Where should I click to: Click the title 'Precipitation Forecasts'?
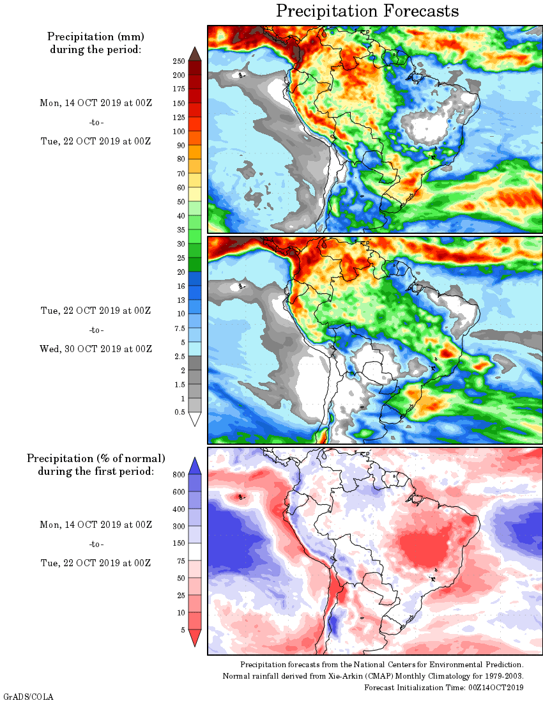pyautogui.click(x=367, y=11)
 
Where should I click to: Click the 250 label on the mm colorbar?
pyautogui.click(x=178, y=61)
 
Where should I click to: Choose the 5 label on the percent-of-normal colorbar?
pyautogui.click(x=182, y=630)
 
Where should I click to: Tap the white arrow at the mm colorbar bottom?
pyautogui.click(x=195, y=419)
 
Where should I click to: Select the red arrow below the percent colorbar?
pyautogui.click(x=195, y=638)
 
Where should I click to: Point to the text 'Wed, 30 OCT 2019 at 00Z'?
pyautogui.click(x=96, y=349)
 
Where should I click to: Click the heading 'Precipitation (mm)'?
pyautogui.click(x=95, y=36)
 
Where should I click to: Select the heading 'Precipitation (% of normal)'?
pyautogui.click(x=96, y=459)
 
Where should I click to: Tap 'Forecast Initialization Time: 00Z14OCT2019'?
pyautogui.click(x=444, y=688)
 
